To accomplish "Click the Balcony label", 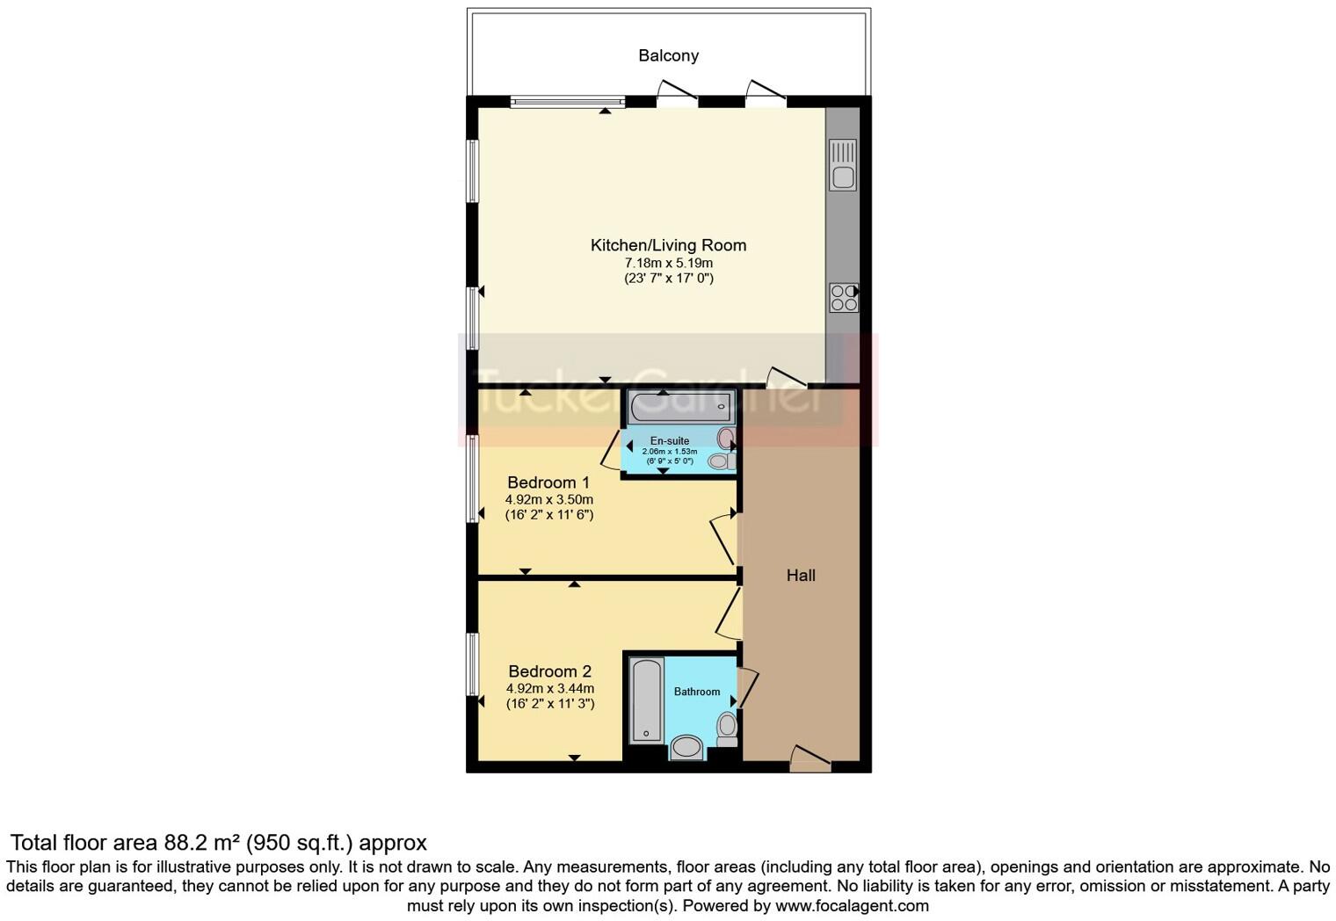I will [668, 55].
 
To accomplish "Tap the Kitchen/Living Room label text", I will [668, 245].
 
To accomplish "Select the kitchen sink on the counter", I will [843, 165].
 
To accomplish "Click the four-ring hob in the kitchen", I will [844, 297].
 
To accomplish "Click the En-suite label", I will [670, 440].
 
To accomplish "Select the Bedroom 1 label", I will [548, 482].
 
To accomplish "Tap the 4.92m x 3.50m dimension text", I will [548, 499].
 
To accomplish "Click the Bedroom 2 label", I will [549, 671].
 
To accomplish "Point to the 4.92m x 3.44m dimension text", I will [549, 688].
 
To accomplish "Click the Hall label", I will [801, 576].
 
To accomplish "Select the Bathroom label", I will [697, 692].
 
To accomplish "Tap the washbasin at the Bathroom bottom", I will [686, 748].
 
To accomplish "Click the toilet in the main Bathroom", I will [727, 728].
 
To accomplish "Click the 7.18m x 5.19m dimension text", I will [668, 263].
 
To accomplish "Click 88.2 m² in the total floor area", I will [202, 843].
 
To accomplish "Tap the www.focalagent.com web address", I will [852, 905].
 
